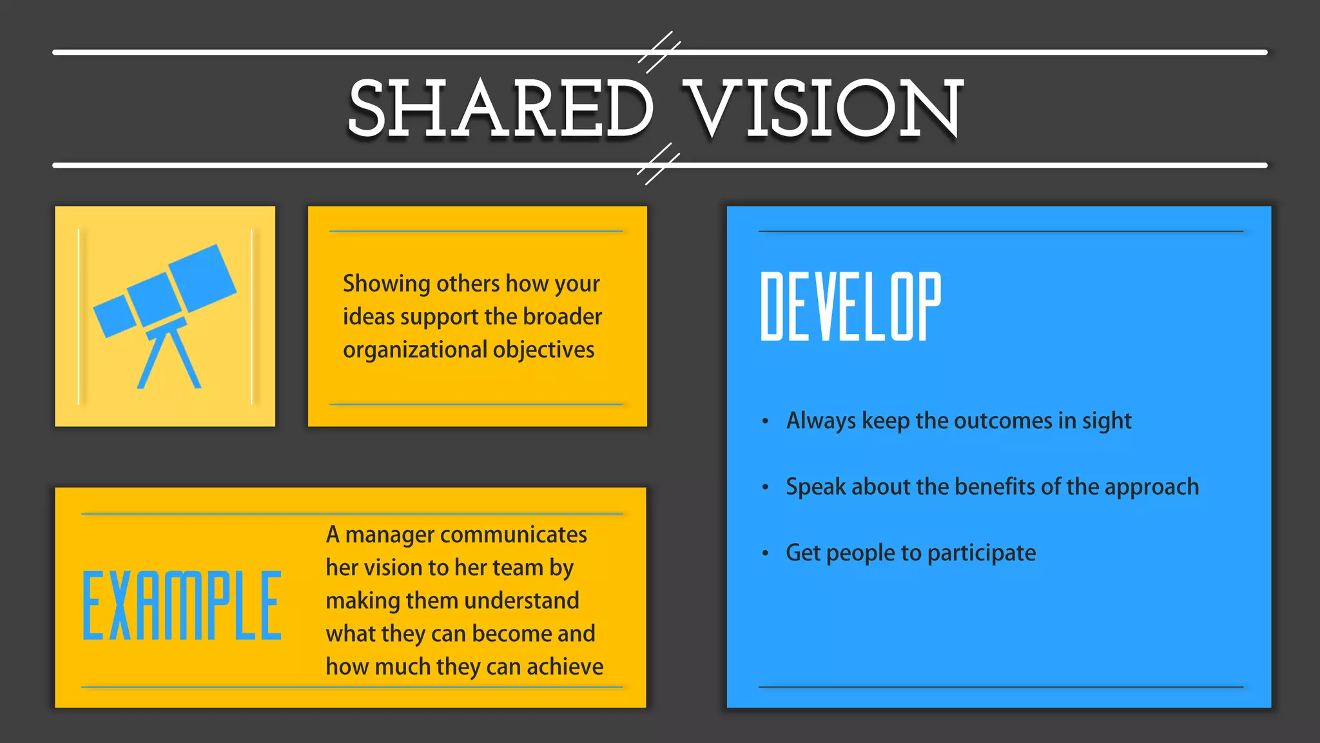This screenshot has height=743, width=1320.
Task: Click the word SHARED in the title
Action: point(500,108)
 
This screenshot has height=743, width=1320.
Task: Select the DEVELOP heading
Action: point(851,306)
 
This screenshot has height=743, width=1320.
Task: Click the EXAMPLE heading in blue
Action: point(182,606)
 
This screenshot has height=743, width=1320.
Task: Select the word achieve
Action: point(565,667)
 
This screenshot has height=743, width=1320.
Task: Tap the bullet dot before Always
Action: point(765,422)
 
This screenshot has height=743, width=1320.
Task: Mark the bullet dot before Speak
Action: point(765,488)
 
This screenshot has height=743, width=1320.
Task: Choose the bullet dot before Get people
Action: point(765,553)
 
